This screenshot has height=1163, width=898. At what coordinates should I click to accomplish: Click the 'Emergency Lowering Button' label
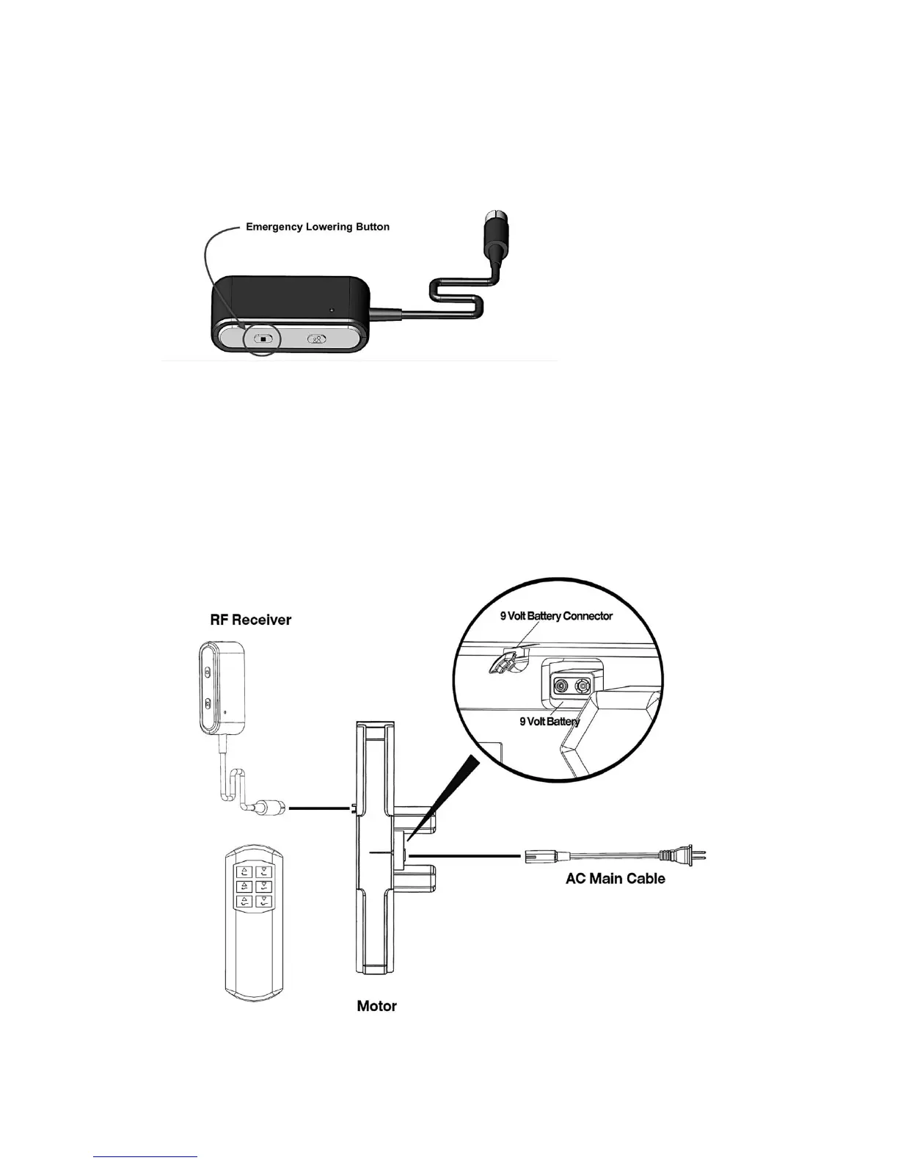(317, 227)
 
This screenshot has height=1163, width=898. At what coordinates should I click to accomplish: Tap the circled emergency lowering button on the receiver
(263, 339)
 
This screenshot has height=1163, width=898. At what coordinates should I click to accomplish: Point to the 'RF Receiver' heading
(251, 620)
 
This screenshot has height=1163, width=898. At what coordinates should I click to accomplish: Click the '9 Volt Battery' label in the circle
(550, 722)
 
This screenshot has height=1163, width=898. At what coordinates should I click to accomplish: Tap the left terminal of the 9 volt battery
(561, 687)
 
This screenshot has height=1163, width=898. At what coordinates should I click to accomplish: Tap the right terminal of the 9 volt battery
(583, 687)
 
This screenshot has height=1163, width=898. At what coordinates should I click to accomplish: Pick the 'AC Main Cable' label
(615, 879)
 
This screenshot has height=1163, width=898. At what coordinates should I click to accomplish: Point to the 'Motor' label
(376, 1006)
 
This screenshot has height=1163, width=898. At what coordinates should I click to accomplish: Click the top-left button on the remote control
(243, 872)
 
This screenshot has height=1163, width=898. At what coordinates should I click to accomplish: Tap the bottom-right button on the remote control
(264, 902)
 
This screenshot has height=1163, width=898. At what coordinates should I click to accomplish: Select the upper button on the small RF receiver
(208, 671)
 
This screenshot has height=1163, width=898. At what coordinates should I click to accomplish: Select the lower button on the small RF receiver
(208, 704)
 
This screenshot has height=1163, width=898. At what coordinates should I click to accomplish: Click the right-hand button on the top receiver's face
(316, 339)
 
